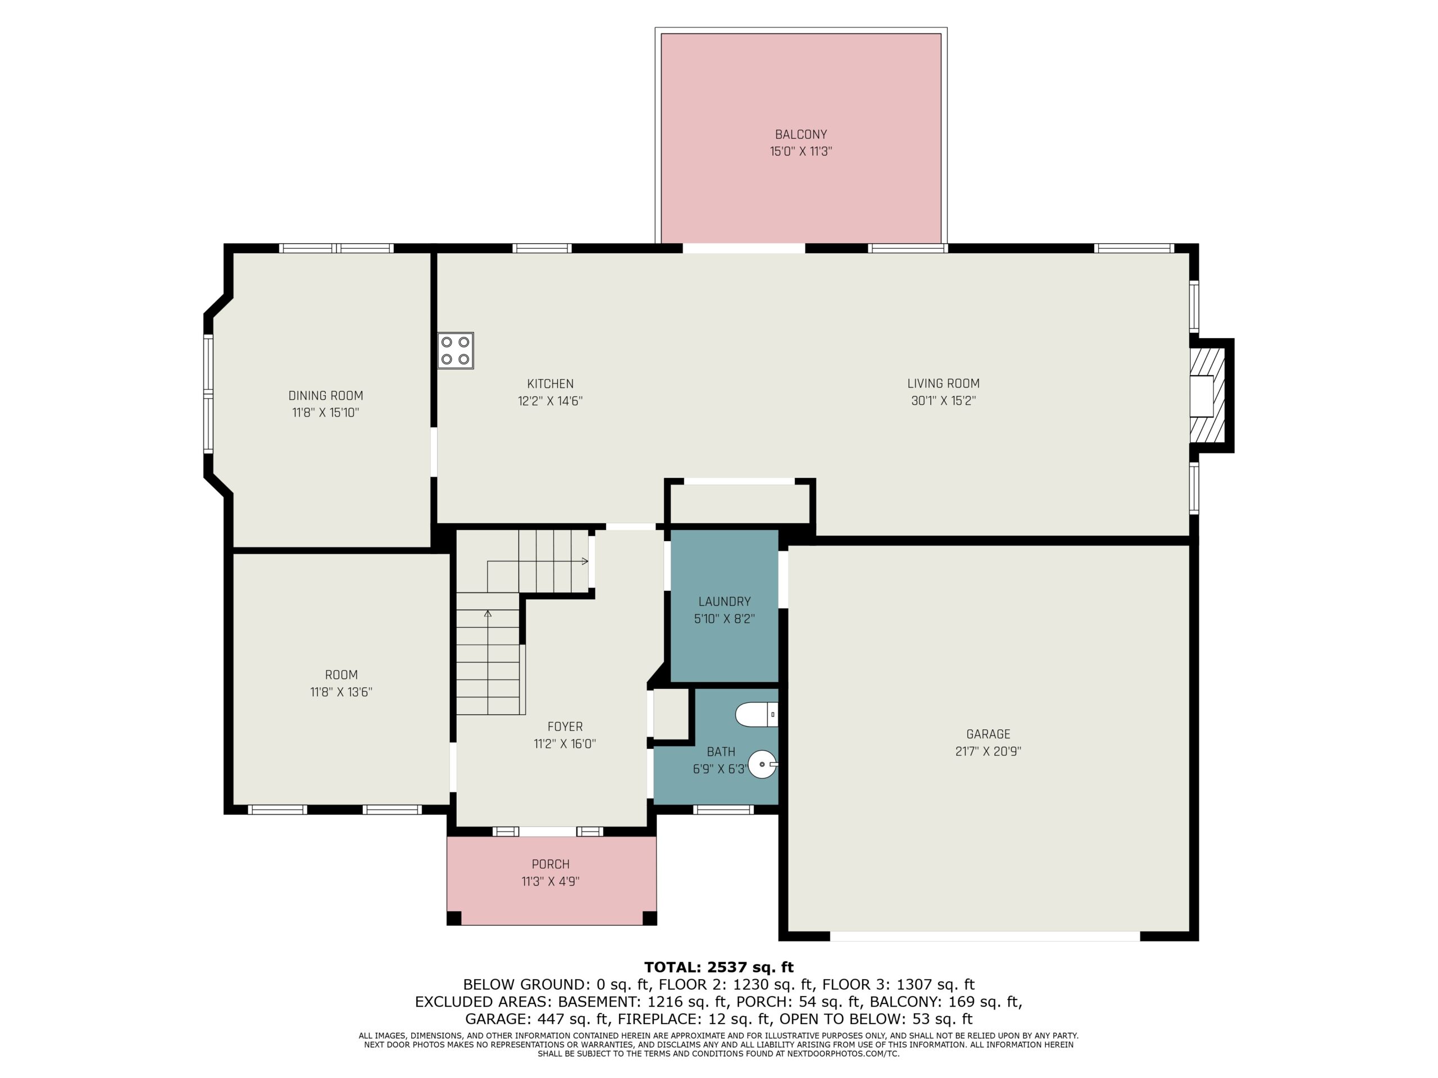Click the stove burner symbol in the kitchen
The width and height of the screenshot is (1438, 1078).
pos(455,350)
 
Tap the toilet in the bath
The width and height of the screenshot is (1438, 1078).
pos(757,715)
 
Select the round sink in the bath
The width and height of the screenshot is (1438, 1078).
pos(763,765)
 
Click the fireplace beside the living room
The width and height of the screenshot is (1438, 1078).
pos(1207,396)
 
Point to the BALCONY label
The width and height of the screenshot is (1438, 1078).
pos(800,135)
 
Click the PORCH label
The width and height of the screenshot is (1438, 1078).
pos(550,864)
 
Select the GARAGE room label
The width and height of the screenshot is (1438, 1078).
pos(988,734)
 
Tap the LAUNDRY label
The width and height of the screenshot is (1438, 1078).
pos(724,602)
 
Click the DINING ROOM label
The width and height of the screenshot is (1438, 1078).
pos(326,396)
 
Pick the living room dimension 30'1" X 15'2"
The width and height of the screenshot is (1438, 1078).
pos(943,401)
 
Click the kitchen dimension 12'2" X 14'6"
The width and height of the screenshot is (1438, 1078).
pos(550,401)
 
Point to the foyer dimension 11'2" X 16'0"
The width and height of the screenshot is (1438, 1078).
pos(565,744)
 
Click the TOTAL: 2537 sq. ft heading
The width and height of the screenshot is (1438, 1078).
pos(719,967)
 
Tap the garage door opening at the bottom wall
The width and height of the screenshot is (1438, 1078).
pos(985,937)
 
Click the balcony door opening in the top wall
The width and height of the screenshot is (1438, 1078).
pos(744,248)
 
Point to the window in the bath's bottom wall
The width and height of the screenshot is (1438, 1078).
pos(723,810)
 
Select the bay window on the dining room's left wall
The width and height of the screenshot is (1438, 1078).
pos(208,394)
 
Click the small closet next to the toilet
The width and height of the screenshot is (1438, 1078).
pos(671,714)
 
